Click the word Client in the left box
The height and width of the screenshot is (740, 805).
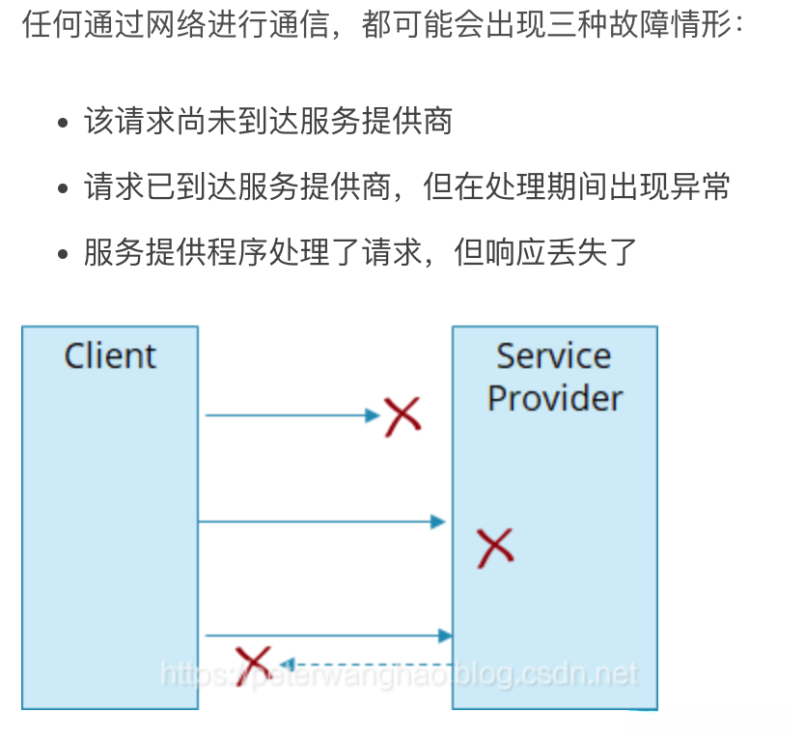110,356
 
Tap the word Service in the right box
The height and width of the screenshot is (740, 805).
553,356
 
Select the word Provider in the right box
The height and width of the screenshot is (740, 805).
555,398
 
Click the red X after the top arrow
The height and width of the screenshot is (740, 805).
402,416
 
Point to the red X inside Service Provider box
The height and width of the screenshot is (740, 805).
495,547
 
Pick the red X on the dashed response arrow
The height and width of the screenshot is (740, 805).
253,664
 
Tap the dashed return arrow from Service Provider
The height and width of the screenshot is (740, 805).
367,664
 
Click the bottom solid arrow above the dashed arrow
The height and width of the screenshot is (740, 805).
328,636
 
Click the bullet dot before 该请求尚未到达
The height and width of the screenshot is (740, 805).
64,125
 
